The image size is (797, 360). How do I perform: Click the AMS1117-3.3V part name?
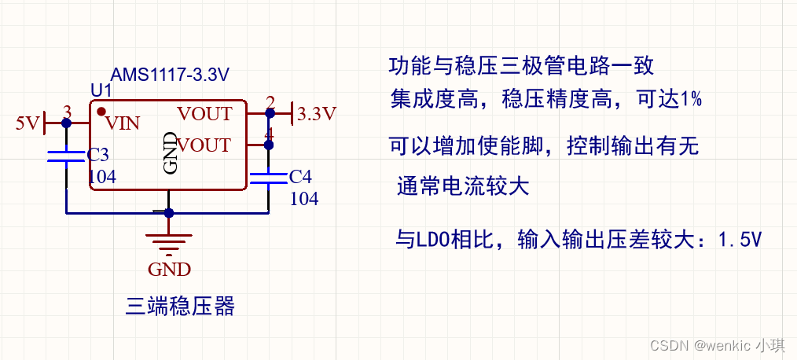[x=170, y=75]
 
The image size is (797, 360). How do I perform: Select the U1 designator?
[x=101, y=91]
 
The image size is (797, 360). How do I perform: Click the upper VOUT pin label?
[x=204, y=114]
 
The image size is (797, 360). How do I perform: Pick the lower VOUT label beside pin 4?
[x=204, y=145]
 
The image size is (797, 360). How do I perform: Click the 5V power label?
[x=28, y=123]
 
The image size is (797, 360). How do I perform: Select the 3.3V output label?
[x=317, y=114]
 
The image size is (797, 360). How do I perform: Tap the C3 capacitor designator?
[x=98, y=154]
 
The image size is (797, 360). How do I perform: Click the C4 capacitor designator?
[x=300, y=175]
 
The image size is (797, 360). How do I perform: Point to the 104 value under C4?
[x=304, y=199]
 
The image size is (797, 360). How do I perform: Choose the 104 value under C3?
[x=102, y=177]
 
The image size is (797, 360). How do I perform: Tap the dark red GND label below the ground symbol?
[x=169, y=269]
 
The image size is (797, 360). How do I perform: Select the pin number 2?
[x=270, y=103]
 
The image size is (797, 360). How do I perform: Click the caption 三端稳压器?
[x=180, y=306]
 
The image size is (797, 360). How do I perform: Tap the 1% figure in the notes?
[x=691, y=100]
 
